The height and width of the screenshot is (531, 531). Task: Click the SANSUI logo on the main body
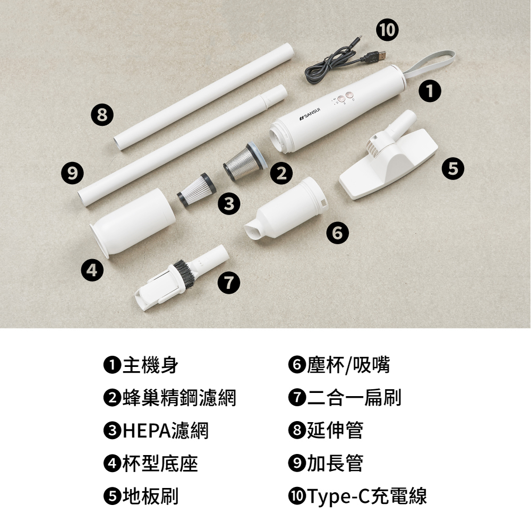coord(310,114)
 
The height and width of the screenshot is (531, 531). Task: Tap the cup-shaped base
coord(132,222)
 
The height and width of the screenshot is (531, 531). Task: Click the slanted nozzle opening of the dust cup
coord(254,231)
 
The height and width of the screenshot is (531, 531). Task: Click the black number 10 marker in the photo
coord(388,29)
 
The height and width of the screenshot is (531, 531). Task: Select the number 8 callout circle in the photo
coord(102,115)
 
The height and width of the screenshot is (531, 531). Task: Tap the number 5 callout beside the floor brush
coord(453,168)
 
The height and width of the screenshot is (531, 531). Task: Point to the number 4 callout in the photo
coord(92,270)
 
